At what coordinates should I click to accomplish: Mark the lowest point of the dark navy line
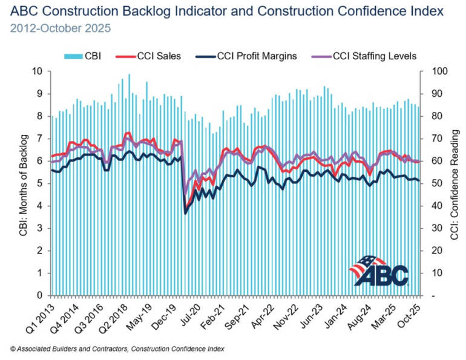185,213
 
